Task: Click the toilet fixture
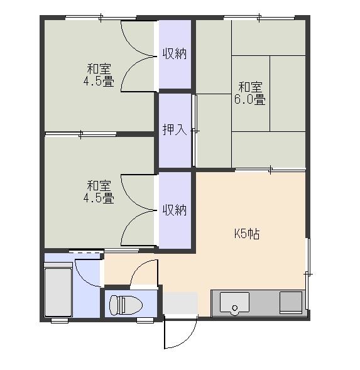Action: pos(126,305)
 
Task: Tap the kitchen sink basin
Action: pos(234,303)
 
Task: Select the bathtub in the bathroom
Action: pos(58,292)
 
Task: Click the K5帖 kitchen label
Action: pos(247,234)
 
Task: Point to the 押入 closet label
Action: pos(175,129)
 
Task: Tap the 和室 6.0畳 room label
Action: pos(250,94)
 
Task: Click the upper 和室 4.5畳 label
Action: pos(99,75)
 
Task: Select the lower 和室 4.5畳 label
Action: pos(99,192)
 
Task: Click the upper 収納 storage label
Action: pos(175,54)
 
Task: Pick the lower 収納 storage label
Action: pos(175,210)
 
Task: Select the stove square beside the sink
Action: pos(291,303)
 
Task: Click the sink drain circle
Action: pos(234,308)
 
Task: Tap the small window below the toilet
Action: pos(145,320)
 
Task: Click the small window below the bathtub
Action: pos(60,320)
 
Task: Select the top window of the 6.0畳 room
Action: pos(259,18)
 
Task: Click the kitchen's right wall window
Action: pos(308,274)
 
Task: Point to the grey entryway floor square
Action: pos(180,303)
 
